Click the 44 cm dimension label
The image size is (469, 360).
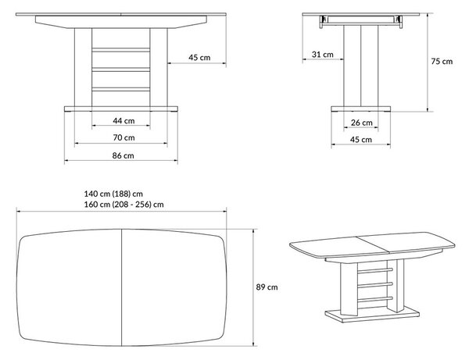[x=124, y=121]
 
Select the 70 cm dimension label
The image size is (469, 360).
[x=124, y=137]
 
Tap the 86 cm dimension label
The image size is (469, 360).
[x=123, y=155]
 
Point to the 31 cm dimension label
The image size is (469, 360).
[x=322, y=55]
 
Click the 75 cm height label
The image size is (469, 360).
[x=442, y=61]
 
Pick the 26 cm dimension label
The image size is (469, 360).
[x=361, y=123]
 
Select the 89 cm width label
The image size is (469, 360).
[x=267, y=287]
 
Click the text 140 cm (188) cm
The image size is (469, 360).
[x=113, y=194]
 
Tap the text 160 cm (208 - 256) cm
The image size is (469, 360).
[x=124, y=205]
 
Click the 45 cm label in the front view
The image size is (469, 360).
[x=199, y=57]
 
